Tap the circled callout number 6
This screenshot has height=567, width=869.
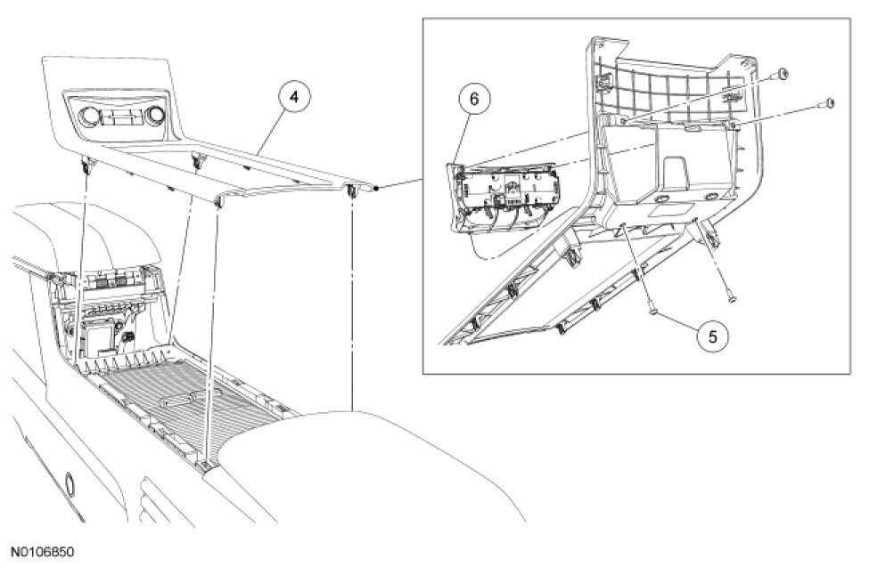[474, 99]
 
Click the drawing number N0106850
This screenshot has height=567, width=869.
[43, 552]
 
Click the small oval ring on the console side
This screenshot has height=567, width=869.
[68, 481]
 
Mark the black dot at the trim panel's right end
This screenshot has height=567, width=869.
[378, 188]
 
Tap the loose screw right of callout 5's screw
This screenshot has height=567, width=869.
[729, 298]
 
